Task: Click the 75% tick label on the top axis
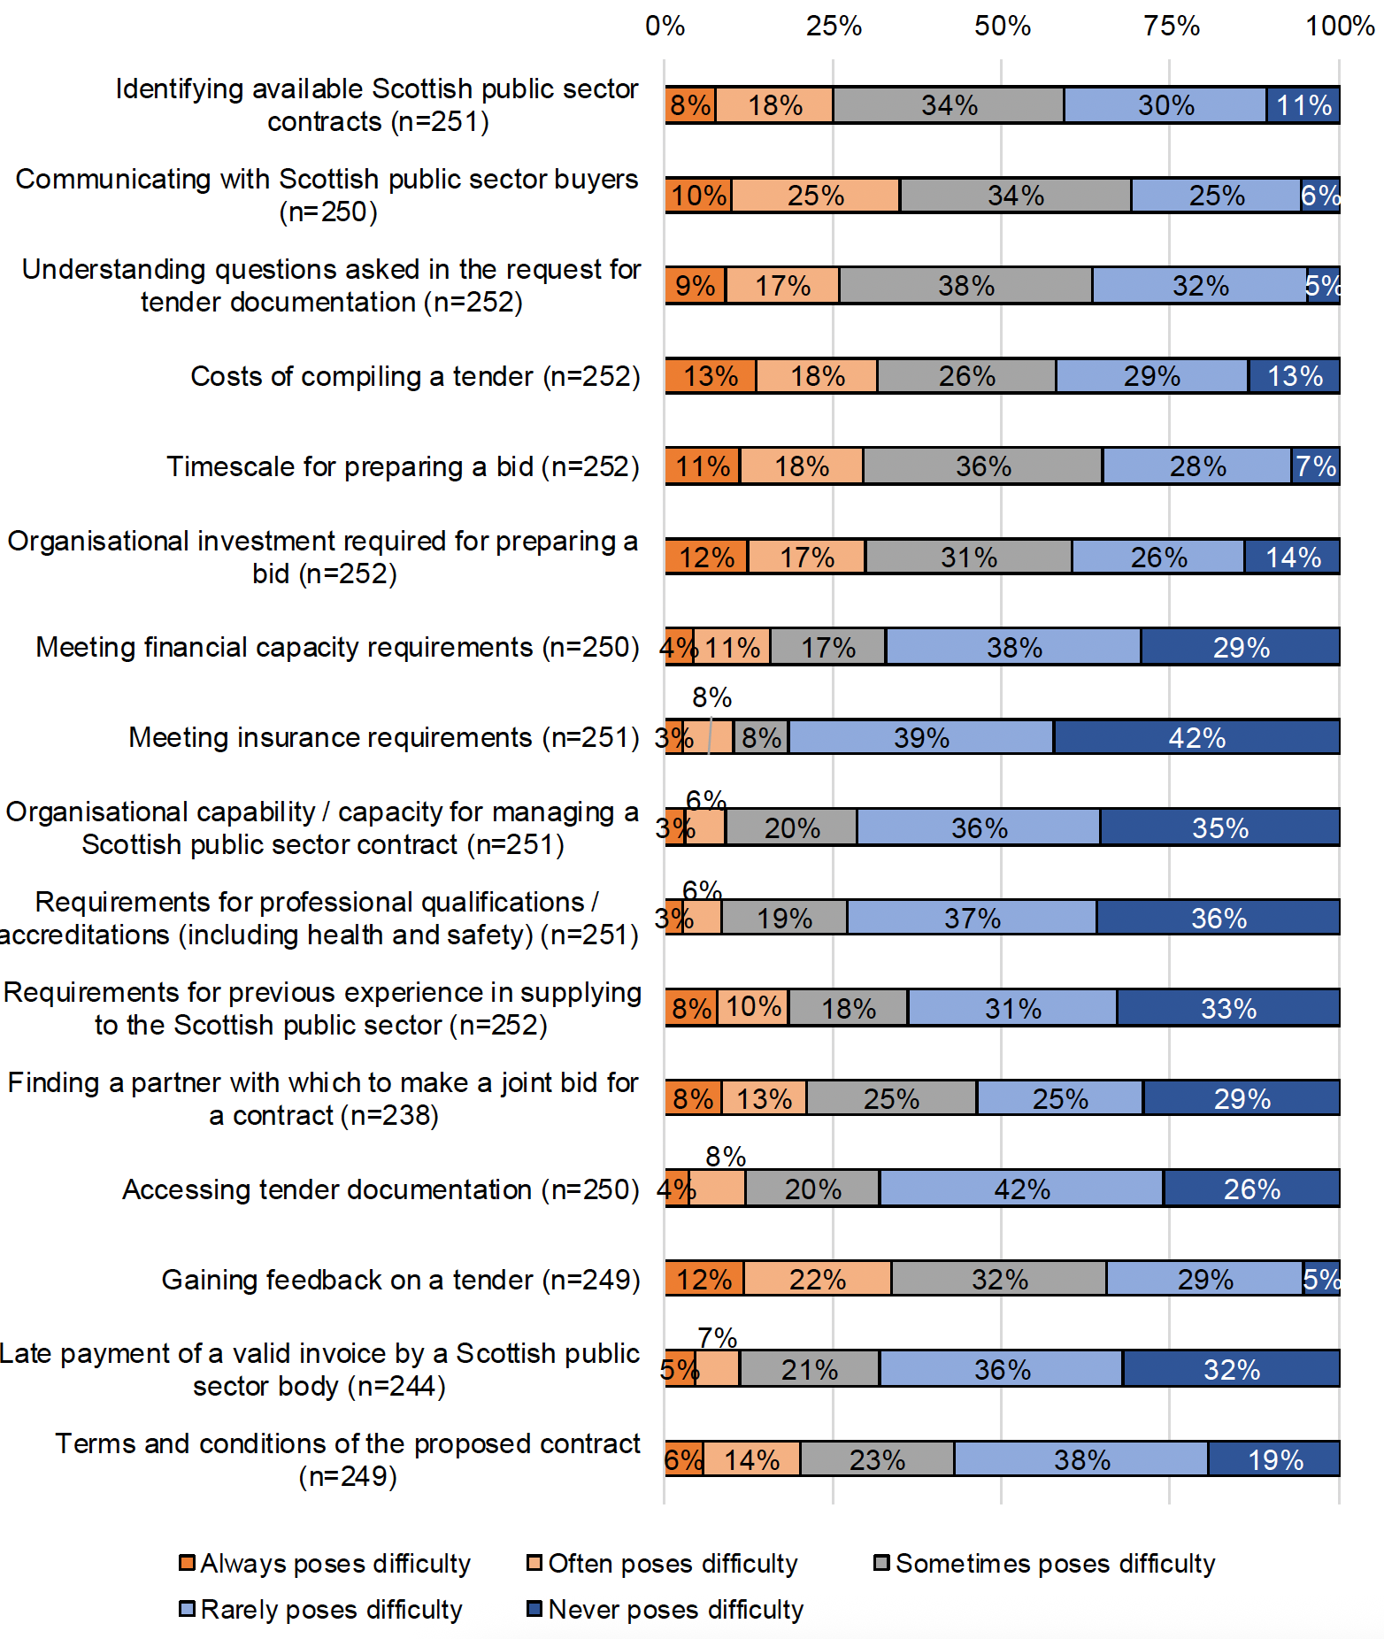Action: coord(1171,26)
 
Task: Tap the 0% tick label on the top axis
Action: coord(665,26)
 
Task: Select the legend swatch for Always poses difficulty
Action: coord(187,1563)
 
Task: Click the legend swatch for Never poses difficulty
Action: coord(534,1609)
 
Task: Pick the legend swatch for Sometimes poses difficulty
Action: coord(881,1563)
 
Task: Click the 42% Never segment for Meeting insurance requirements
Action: coord(1196,736)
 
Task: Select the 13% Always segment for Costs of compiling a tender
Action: coord(710,375)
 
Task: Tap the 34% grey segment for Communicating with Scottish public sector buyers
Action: coord(1015,195)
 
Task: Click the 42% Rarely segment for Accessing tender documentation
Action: coord(1021,1188)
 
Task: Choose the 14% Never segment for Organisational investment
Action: coord(1292,557)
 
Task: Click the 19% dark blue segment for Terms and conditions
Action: coord(1274,1458)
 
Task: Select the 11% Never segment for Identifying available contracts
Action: coord(1303,104)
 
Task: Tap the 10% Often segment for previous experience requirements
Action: coord(753,1007)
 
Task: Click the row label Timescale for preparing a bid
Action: coord(403,466)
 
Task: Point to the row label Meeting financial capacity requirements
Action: coord(337,647)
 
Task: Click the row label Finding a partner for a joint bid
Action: coord(323,1098)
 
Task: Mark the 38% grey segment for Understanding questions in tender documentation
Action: coord(965,285)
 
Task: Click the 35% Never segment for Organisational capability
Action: coord(1219,827)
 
